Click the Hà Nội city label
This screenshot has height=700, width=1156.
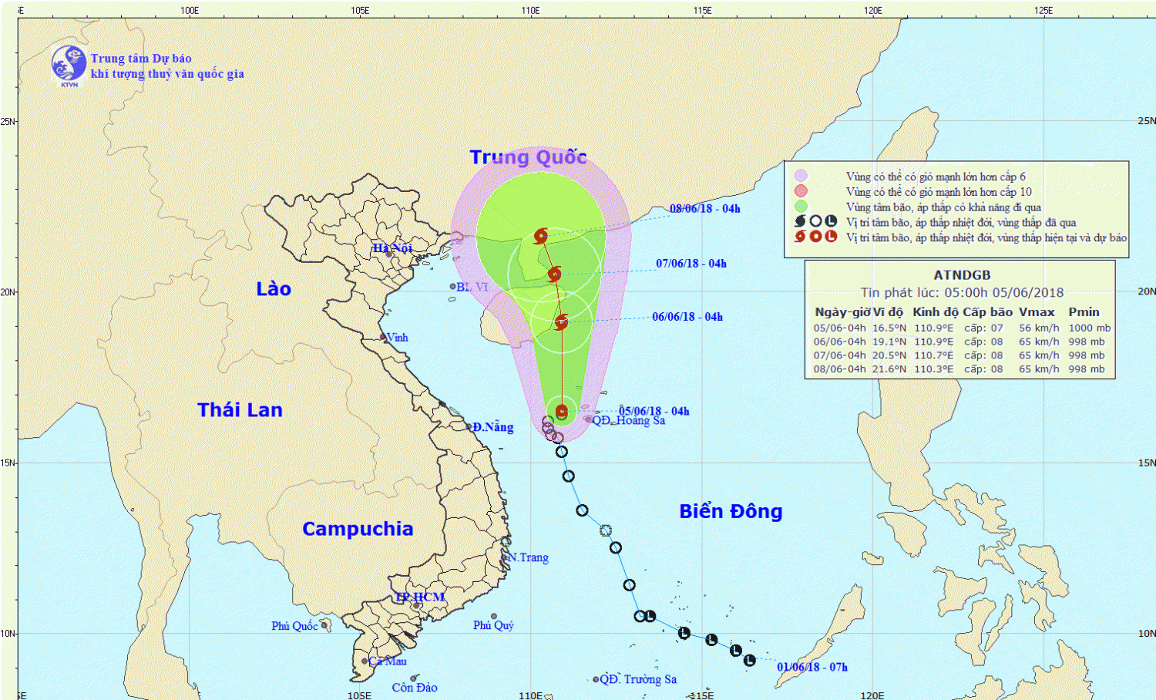pyautogui.click(x=392, y=248)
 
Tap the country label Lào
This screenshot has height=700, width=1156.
pyautogui.click(x=274, y=289)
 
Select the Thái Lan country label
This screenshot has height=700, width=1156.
pyautogui.click(x=240, y=410)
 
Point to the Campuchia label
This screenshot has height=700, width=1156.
pyautogui.click(x=358, y=529)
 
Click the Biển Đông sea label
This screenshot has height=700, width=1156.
pyautogui.click(x=731, y=511)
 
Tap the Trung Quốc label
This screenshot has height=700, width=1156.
pyautogui.click(x=529, y=157)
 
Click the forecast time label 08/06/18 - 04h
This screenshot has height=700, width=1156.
pyautogui.click(x=704, y=209)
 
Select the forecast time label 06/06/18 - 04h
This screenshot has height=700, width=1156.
pyautogui.click(x=687, y=317)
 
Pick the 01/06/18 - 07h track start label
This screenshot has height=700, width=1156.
pyautogui.click(x=812, y=668)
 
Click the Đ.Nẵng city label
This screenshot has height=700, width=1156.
pyautogui.click(x=493, y=427)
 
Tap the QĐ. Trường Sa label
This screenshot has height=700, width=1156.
pyautogui.click(x=638, y=679)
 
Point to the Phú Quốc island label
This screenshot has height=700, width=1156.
pyautogui.click(x=294, y=626)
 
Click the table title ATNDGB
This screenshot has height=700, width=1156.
pyautogui.click(x=962, y=275)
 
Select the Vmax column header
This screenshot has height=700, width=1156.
pyautogui.click(x=1037, y=312)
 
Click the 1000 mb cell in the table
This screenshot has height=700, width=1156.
pyautogui.click(x=1089, y=328)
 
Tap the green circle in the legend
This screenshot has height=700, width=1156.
pyautogui.click(x=801, y=207)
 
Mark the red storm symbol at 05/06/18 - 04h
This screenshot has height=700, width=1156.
pyautogui.click(x=562, y=412)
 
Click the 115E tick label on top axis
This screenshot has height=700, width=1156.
pyautogui.click(x=702, y=10)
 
